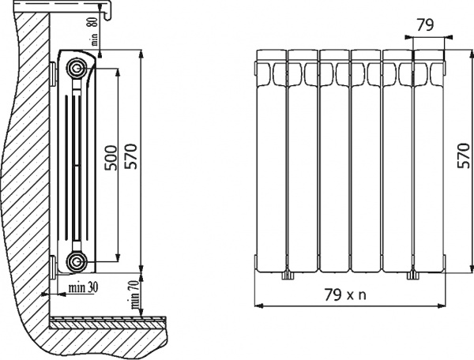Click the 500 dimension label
111,158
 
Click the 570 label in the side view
131,156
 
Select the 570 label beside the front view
465,156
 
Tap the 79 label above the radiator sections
425,25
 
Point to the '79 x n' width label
345,294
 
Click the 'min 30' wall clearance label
83,287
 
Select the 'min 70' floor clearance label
134,294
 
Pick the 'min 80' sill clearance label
94,31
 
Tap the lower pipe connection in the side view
76,261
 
